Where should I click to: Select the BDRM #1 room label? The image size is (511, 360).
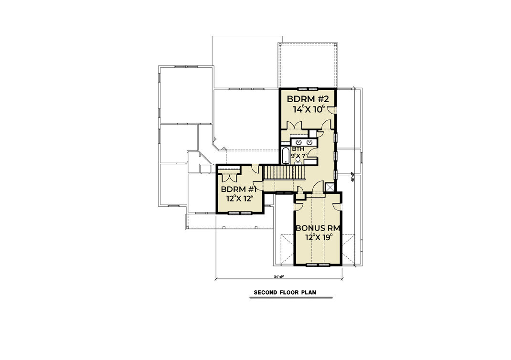240,189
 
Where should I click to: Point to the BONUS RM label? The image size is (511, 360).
317,228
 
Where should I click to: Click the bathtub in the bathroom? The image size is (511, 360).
285,156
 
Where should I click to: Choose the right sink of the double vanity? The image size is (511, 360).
309,142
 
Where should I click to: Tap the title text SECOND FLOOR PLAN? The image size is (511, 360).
285,292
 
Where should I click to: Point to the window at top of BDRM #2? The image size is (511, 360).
307,89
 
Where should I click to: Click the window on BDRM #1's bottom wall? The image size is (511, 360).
237,213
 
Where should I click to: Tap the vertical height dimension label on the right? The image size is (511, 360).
353,176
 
